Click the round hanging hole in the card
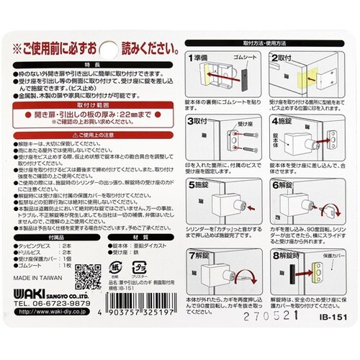[x=109, y=48]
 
